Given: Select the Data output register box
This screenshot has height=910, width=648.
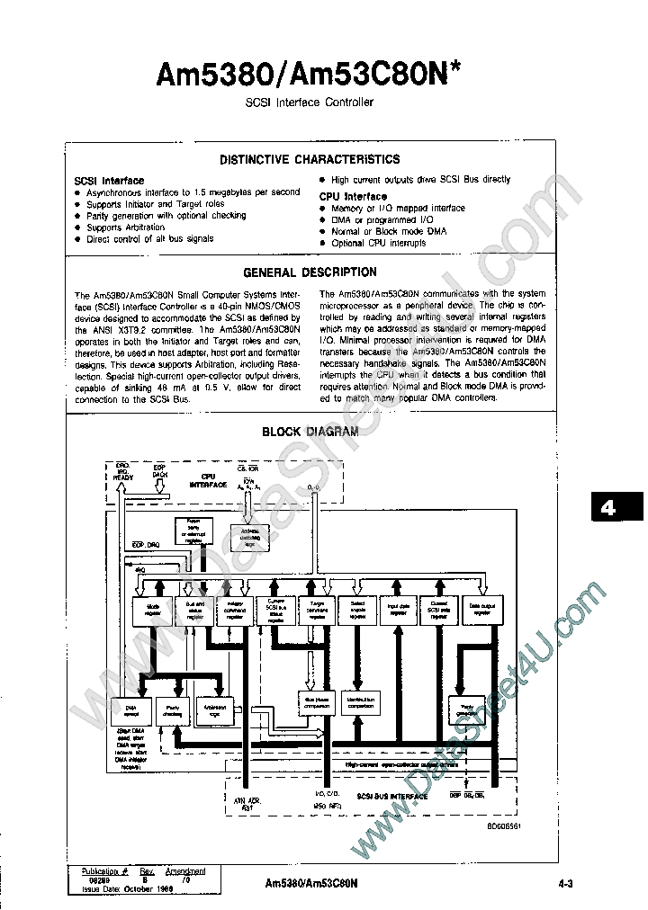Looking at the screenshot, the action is tap(482, 611).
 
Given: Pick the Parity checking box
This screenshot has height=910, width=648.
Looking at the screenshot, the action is tap(172, 712).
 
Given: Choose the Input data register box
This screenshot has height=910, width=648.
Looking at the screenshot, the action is tap(399, 611).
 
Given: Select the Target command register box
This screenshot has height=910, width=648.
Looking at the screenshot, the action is tap(317, 611).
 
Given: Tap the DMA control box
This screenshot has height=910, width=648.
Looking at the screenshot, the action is tap(130, 712).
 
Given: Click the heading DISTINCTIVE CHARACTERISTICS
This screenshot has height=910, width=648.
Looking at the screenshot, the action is tap(310, 160).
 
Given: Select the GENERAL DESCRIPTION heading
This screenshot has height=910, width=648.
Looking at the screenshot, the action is tap(310, 272).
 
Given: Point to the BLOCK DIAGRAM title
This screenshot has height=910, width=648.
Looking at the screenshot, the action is tap(310, 432).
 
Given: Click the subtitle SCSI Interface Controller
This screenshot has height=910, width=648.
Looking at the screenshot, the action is tap(310, 103).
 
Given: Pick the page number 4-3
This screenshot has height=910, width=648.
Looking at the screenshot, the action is tap(566, 884).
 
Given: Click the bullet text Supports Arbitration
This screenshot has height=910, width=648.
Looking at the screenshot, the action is tap(126, 227).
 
